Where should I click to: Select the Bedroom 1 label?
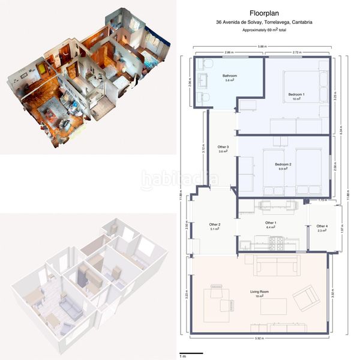point(296,95)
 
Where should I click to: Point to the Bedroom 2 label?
point(283,166)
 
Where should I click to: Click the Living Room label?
point(259,293)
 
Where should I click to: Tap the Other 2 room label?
point(215,226)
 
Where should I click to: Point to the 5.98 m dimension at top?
point(260,47)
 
